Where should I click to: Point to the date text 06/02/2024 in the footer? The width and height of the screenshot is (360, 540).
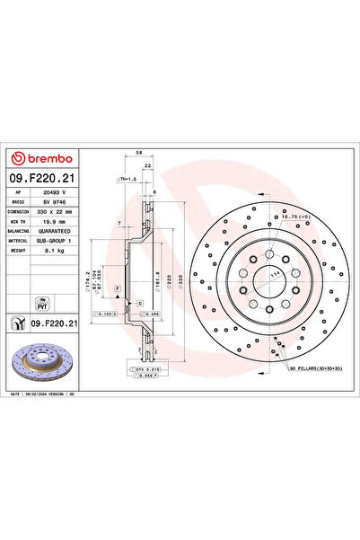pos(54,394)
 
